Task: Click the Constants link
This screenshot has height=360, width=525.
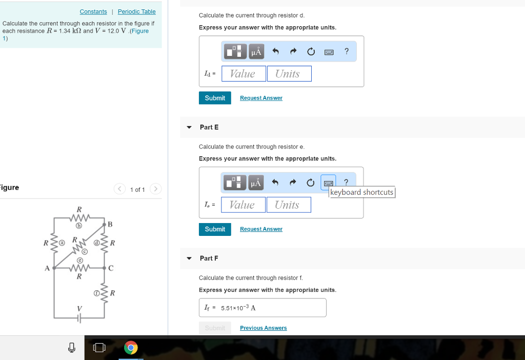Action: [93, 12]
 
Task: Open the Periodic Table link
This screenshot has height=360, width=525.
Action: [136, 12]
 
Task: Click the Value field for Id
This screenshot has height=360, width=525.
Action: [244, 74]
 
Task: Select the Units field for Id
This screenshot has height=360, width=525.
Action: [289, 74]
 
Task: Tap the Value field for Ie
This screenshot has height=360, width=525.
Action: [244, 205]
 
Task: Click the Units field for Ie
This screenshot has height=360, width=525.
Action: [289, 205]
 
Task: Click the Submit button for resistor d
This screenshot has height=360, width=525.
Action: [215, 98]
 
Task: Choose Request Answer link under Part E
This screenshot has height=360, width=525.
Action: [261, 229]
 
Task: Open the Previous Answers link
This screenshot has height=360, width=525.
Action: [264, 328]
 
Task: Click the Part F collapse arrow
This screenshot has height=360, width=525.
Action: [189, 258]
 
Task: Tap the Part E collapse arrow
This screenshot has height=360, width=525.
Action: [189, 127]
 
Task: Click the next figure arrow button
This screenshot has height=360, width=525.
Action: [155, 189]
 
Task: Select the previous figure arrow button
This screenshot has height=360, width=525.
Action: [119, 189]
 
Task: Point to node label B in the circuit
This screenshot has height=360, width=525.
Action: [110, 225]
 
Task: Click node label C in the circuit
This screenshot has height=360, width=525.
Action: [111, 268]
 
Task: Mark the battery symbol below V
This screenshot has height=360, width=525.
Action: [79, 318]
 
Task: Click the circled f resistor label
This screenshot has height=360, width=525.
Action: [96, 293]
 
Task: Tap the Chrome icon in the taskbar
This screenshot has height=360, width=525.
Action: [131, 348]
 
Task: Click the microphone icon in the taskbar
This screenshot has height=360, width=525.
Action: [72, 348]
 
